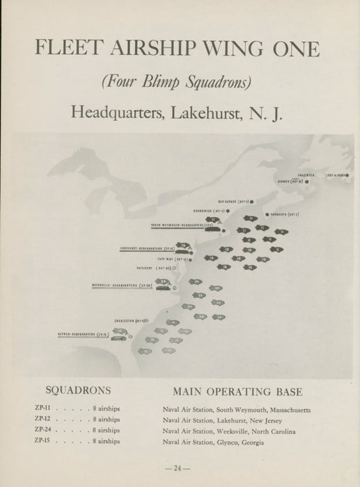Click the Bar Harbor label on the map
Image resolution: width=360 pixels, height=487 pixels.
pos(233,202)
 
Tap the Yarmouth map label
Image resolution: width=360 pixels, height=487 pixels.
pos(285,214)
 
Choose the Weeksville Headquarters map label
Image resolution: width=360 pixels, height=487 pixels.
pos(123,285)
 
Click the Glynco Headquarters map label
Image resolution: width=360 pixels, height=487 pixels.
pos(83,335)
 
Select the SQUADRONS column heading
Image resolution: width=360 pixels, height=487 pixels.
pos(77,390)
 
